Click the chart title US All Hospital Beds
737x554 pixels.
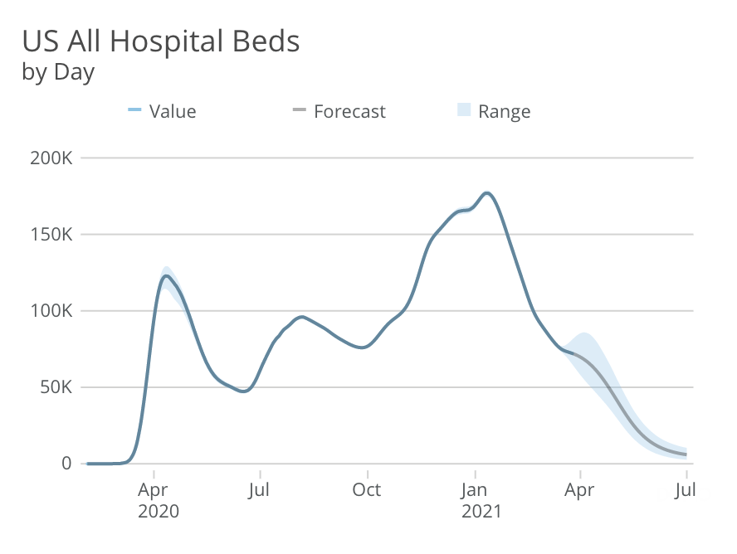(x=160, y=41)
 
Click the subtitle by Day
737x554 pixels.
(x=58, y=72)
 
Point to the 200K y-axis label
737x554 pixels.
(x=51, y=158)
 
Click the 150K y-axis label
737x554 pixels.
(x=51, y=234)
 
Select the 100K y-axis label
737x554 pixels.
(x=51, y=311)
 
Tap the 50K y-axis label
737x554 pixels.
(x=56, y=387)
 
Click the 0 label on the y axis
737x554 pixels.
(x=66, y=464)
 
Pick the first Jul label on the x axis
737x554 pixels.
(x=261, y=490)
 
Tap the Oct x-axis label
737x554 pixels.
(x=366, y=490)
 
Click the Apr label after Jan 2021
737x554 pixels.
(x=579, y=490)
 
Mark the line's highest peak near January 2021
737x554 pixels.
(x=487, y=193)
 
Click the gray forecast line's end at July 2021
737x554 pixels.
(x=686, y=454)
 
